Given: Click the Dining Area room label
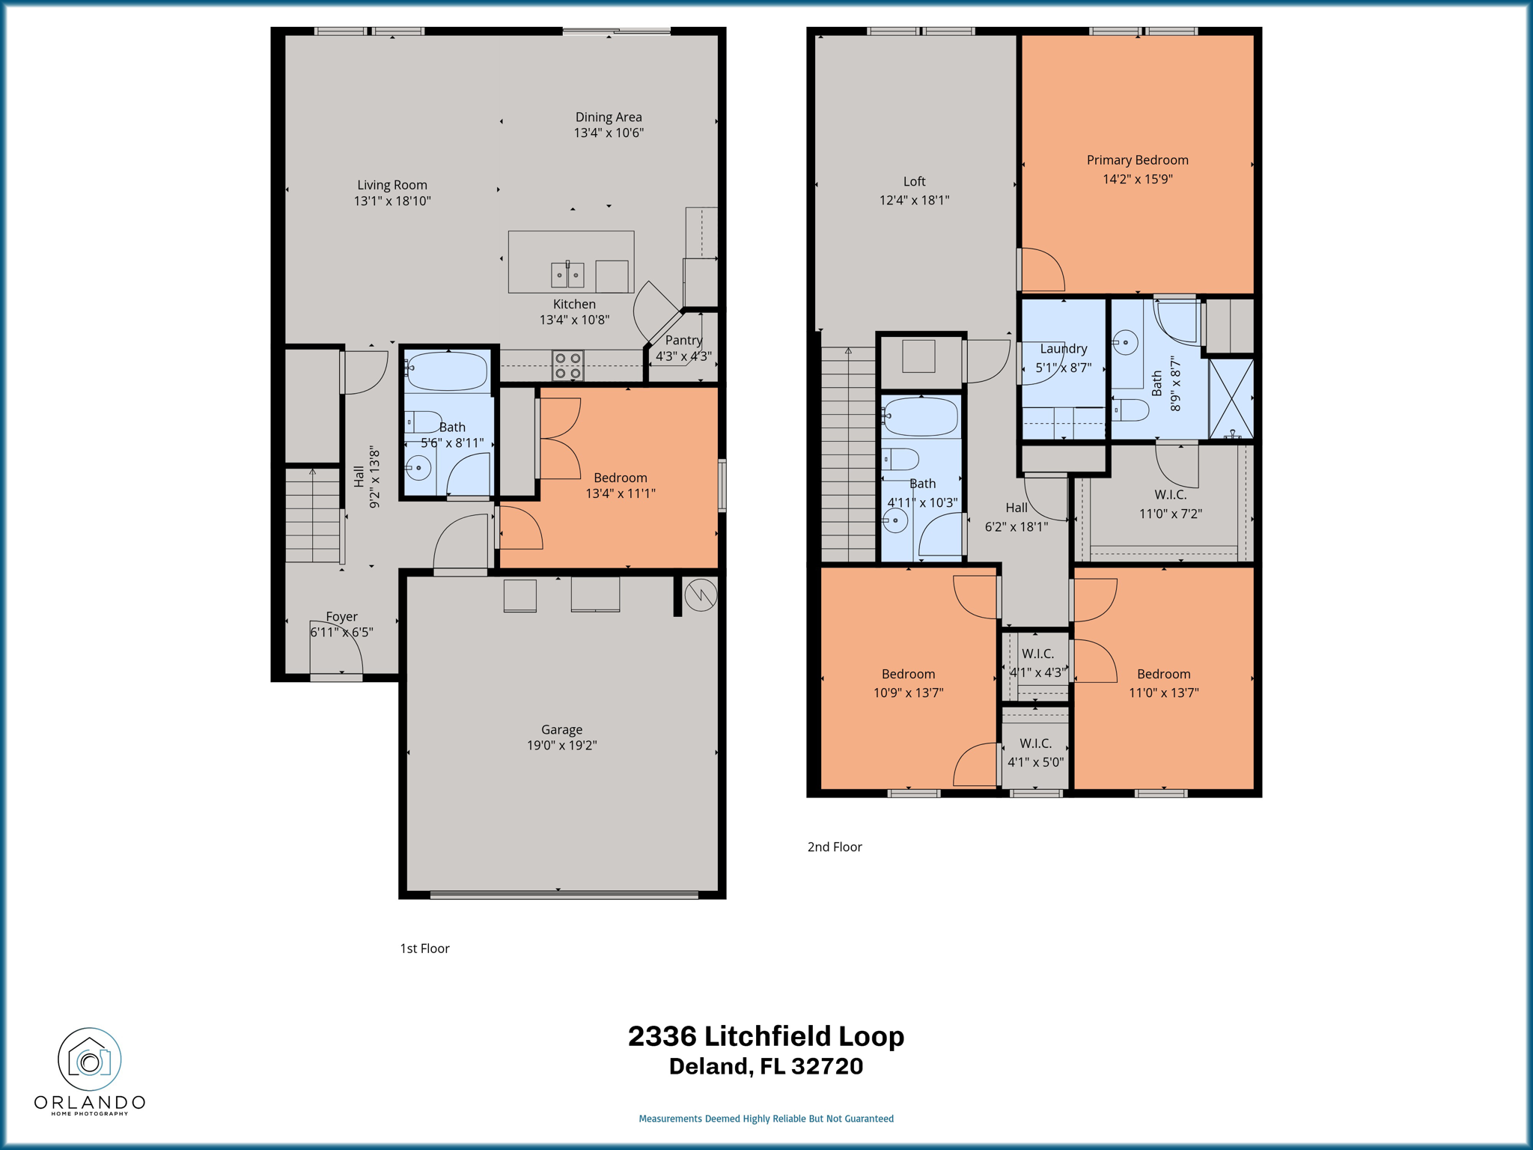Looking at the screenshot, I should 608,117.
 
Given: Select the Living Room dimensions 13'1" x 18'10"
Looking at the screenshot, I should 392,201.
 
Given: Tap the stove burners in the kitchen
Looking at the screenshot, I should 567,365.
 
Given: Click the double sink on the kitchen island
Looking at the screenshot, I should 567,275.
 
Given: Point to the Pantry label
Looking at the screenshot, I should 683,340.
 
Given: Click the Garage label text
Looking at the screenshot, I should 561,729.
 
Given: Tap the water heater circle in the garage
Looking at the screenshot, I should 701,594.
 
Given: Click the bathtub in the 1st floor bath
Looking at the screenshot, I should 447,371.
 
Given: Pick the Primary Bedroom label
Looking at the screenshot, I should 1137,160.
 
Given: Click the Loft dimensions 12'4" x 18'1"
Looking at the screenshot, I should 914,200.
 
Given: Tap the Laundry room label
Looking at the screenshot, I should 1063,349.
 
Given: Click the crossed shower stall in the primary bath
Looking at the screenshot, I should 1231,398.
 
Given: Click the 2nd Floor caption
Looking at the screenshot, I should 835,847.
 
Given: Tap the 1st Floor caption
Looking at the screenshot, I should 424,949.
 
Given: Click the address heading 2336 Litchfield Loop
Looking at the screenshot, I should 766,1036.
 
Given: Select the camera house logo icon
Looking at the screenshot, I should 90,1059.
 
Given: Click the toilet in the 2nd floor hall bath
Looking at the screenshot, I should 900,458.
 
